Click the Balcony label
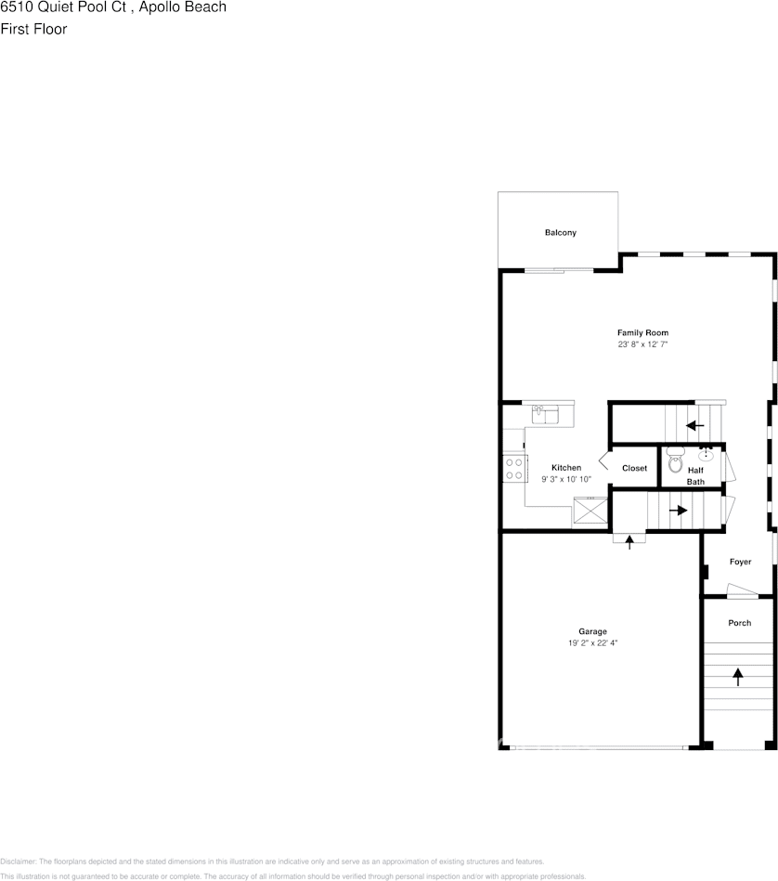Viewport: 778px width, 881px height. pyautogui.click(x=560, y=232)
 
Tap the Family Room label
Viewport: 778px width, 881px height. pyautogui.click(x=642, y=332)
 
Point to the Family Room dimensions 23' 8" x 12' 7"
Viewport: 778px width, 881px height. pyautogui.click(x=642, y=344)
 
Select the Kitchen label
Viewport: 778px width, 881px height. pyautogui.click(x=566, y=467)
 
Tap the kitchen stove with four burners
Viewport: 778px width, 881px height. pyautogui.click(x=512, y=469)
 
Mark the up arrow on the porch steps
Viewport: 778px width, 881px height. pyautogui.click(x=739, y=677)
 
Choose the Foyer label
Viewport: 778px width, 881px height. pyautogui.click(x=740, y=562)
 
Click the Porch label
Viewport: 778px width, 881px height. pyautogui.click(x=739, y=623)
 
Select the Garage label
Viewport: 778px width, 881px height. pyautogui.click(x=592, y=631)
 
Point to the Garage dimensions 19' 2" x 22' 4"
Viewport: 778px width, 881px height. pyautogui.click(x=592, y=642)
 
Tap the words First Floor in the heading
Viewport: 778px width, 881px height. pyautogui.click(x=33, y=29)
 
